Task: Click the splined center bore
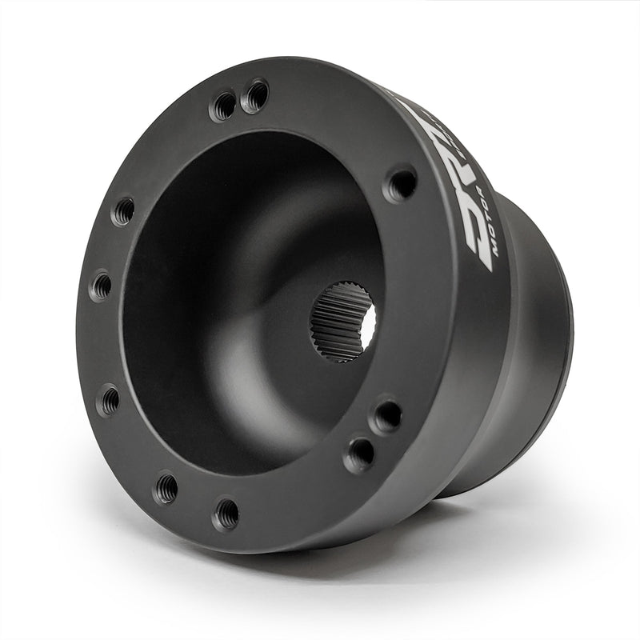343,321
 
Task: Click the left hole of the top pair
223,106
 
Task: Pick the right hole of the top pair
256,97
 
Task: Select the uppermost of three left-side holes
123,211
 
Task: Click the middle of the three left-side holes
102,285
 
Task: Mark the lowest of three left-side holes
108,399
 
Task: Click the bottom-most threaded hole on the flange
226,512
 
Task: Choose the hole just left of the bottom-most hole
166,487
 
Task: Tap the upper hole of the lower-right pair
387,416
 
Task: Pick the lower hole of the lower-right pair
359,454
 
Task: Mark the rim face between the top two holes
240,102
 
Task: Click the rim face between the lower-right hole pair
374,435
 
